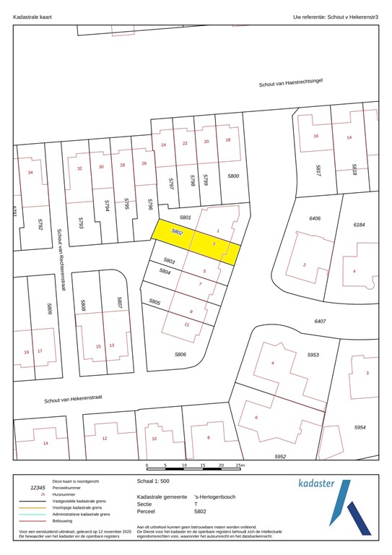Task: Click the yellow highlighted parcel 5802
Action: point(195,241)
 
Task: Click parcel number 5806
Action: point(180,354)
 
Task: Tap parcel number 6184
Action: point(359,225)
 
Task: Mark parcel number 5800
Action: point(232,176)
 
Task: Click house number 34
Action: point(30,172)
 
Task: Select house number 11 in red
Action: point(186,324)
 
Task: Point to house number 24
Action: point(164,145)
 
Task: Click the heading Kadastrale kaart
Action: point(32,15)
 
